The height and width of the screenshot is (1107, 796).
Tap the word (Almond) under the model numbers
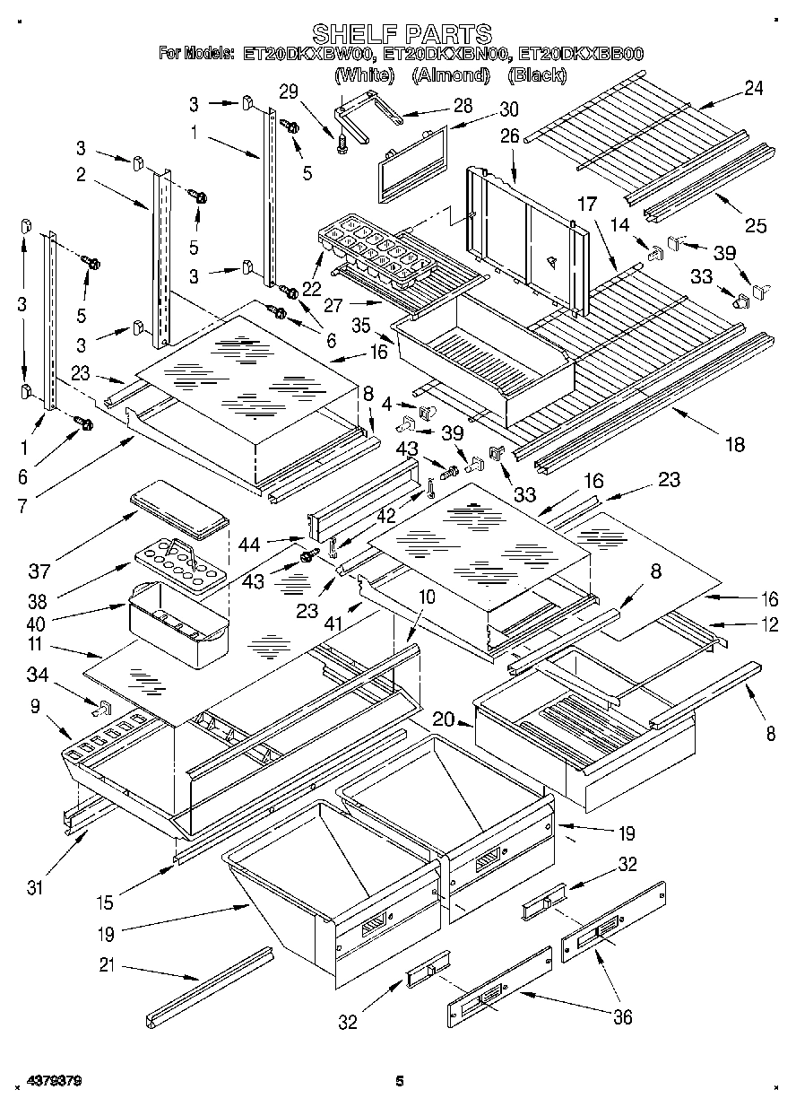[x=450, y=75]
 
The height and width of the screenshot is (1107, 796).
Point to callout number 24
[x=754, y=88]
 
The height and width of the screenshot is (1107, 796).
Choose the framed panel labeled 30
[x=412, y=161]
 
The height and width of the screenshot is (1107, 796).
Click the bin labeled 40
[x=179, y=619]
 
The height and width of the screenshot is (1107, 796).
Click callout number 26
[x=509, y=137]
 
